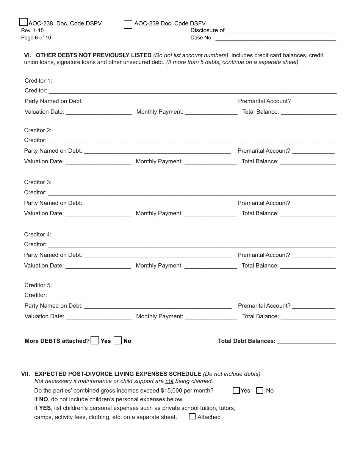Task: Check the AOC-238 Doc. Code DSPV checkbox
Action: click(x=23, y=22)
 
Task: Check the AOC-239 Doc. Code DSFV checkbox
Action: click(x=128, y=25)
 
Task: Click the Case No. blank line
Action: click(x=275, y=38)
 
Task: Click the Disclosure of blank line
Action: click(x=280, y=30)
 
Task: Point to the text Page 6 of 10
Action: click(x=36, y=38)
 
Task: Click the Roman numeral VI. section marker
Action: click(x=28, y=55)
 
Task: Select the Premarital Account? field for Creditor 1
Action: click(x=313, y=101)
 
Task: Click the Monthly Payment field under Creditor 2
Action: click(x=210, y=161)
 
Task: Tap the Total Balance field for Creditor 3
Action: click(x=308, y=213)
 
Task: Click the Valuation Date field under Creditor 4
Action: click(x=98, y=266)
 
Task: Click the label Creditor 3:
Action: click(x=38, y=182)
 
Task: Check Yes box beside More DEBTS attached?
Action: click(x=95, y=341)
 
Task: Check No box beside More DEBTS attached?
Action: click(x=118, y=341)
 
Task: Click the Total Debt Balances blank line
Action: click(x=307, y=341)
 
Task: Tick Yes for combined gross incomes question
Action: click(x=236, y=391)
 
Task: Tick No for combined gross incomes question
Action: click(x=260, y=391)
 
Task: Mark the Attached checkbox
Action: click(x=192, y=416)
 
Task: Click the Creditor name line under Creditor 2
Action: click(x=192, y=141)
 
